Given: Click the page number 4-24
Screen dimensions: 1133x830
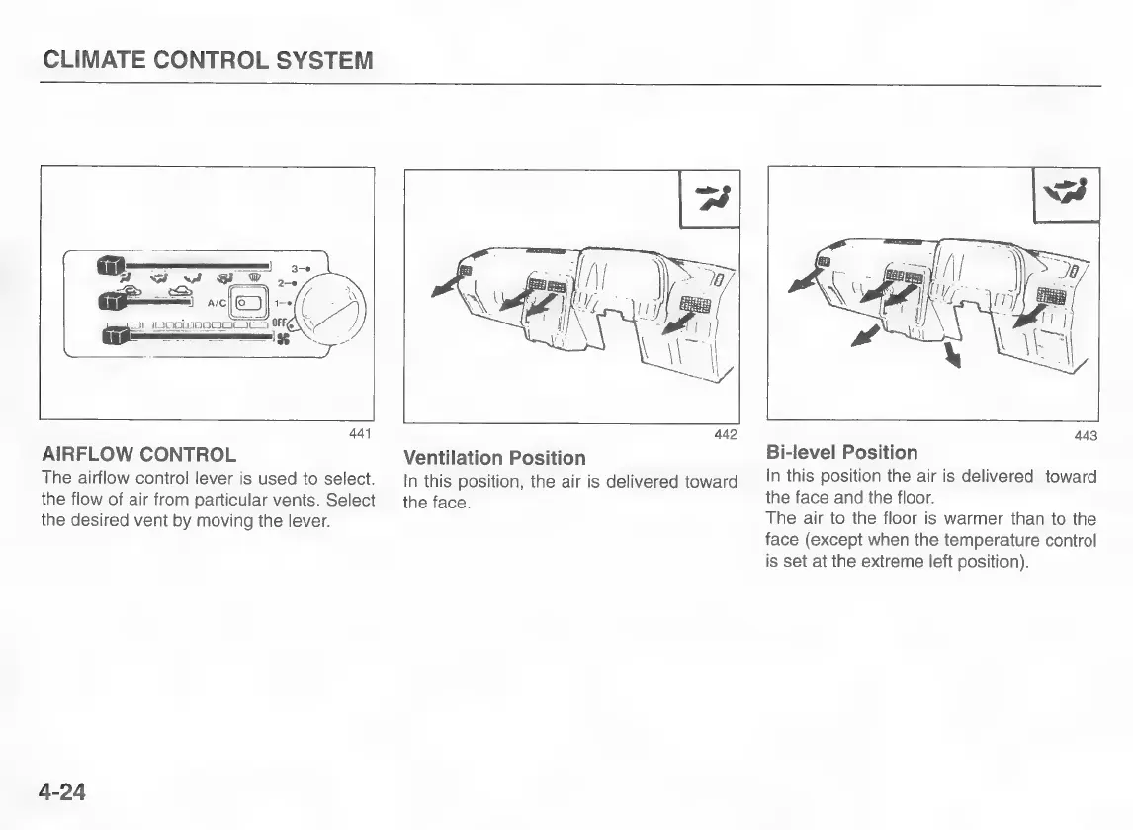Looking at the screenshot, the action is tap(61, 792).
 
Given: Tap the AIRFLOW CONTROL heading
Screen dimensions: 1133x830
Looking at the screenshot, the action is tap(138, 455).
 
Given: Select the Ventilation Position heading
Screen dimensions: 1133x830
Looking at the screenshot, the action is tap(494, 458).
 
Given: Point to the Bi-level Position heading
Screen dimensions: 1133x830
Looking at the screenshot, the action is tap(841, 453).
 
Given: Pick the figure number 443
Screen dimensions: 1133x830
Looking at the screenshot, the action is tap(1086, 436).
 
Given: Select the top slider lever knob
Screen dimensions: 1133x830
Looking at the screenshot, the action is tap(111, 265).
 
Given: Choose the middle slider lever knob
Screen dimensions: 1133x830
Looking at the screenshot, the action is tap(111, 299).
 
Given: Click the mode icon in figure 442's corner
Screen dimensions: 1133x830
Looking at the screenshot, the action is tap(710, 199).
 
